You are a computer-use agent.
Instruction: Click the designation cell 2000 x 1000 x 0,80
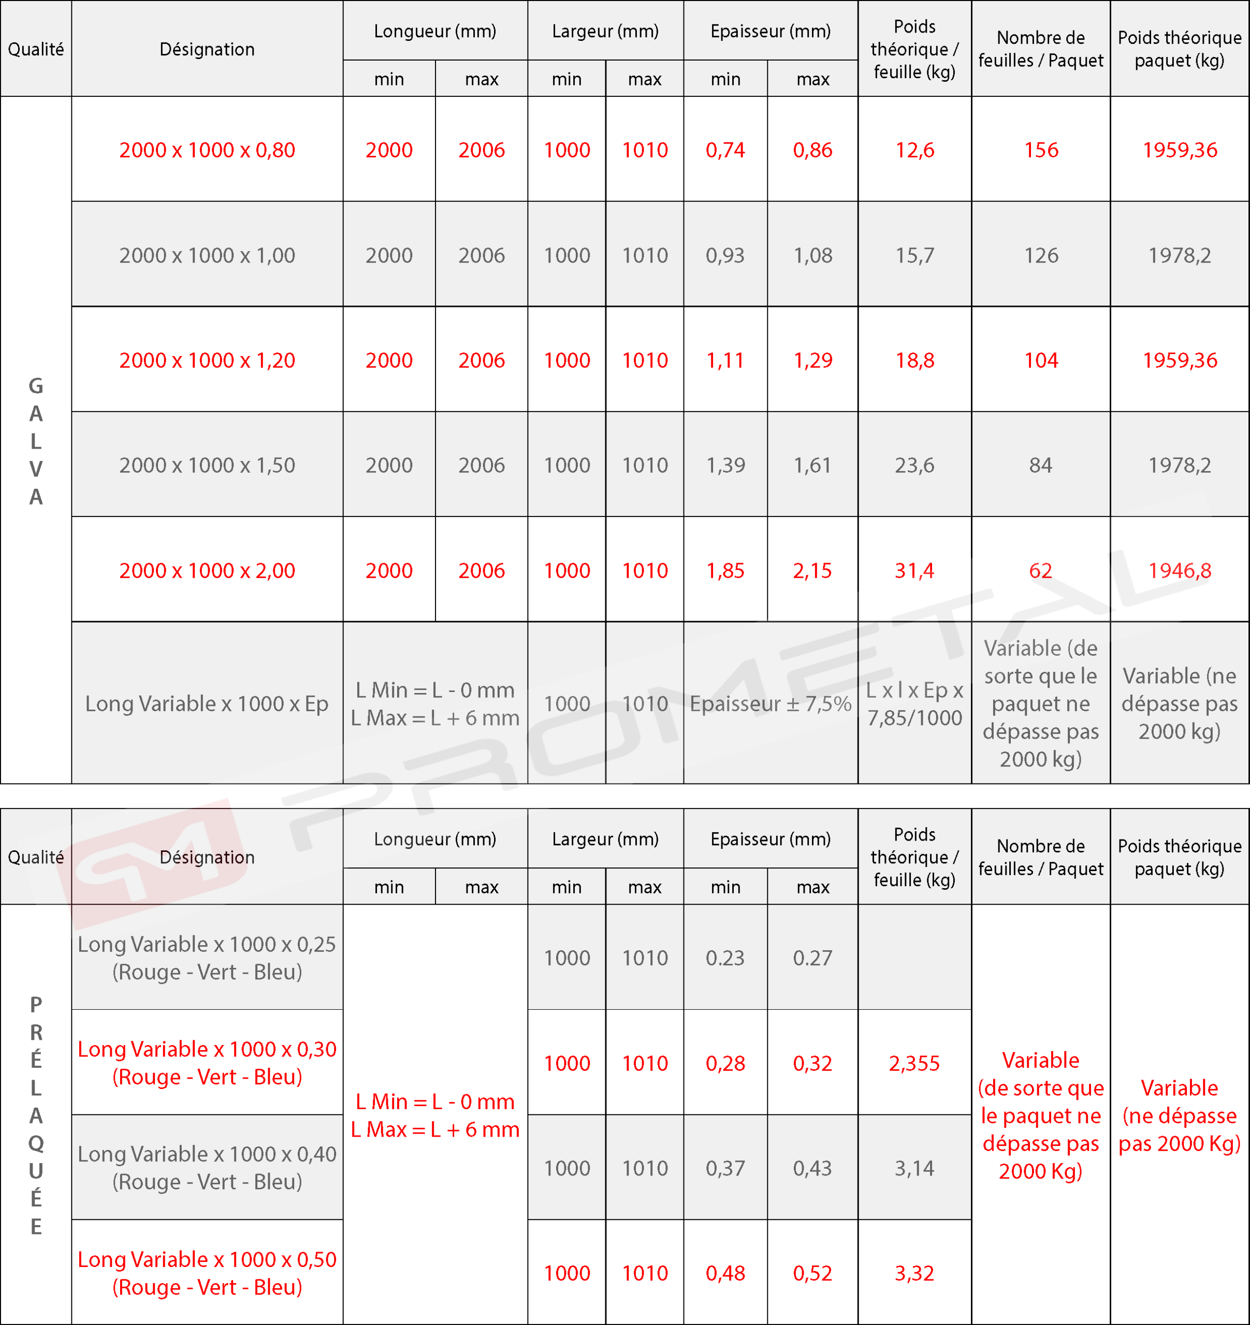[207, 150]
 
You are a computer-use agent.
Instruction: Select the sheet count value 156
[1041, 150]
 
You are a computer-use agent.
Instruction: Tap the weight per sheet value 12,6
[914, 150]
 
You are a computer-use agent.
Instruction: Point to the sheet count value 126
[1041, 255]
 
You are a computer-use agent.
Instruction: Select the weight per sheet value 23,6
[914, 465]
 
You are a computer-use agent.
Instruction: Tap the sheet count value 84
[1041, 465]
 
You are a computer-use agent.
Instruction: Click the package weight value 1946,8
[1180, 570]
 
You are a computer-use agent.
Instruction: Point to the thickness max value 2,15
[812, 570]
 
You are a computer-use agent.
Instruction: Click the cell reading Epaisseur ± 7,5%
[770, 704]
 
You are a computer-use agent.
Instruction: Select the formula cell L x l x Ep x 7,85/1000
[914, 704]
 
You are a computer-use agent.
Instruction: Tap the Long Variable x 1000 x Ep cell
[207, 704]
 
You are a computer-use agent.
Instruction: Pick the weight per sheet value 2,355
[914, 1063]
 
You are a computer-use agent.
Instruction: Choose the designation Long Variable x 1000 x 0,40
[207, 1168]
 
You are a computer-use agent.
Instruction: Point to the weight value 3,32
[914, 1273]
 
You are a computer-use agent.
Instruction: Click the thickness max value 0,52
[812, 1273]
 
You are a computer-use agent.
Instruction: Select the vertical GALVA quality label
[36, 440]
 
